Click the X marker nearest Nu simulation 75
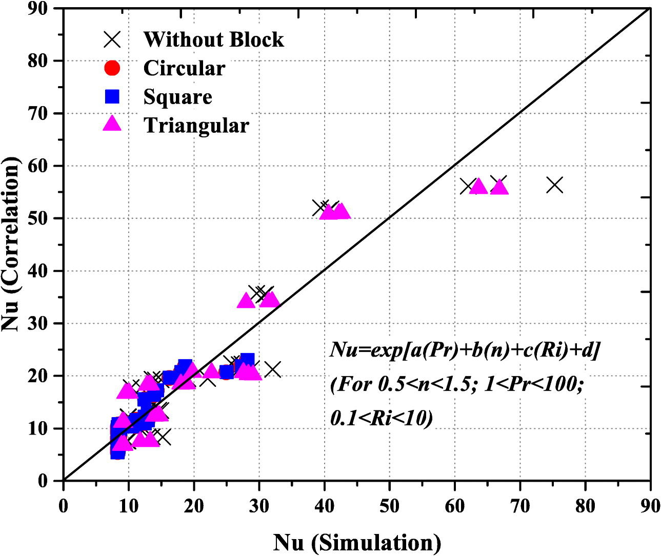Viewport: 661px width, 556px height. (555, 185)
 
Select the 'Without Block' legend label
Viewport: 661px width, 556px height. (213, 39)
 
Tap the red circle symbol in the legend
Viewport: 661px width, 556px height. (112, 68)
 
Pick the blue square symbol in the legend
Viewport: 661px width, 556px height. (112, 96)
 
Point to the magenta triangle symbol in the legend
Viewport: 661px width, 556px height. (112, 124)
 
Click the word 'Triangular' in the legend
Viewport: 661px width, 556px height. (196, 126)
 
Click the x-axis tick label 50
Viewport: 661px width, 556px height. (389, 505)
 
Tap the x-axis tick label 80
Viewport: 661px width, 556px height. (585, 505)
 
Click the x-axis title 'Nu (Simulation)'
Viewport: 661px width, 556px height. (357, 542)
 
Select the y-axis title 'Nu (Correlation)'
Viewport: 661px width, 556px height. (11, 245)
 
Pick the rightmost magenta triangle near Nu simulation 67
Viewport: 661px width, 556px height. (499, 187)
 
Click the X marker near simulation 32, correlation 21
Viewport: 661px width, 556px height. (273, 369)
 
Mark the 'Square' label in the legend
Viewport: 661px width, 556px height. (177, 97)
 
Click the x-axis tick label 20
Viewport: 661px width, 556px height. (193, 505)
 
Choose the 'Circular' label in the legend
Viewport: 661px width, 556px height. (184, 68)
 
